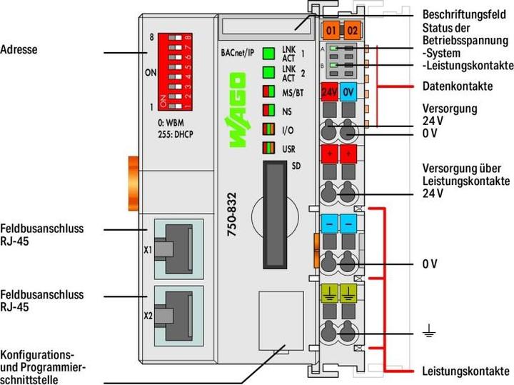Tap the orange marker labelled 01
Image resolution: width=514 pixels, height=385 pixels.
pyautogui.click(x=330, y=31)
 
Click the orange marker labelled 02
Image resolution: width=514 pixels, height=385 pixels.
pyautogui.click(x=352, y=31)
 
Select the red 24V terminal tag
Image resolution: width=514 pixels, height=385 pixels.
pyautogui.click(x=329, y=92)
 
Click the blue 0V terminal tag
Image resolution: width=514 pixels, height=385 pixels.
pyautogui.click(x=348, y=92)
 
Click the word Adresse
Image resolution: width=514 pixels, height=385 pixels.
pyautogui.click(x=19, y=51)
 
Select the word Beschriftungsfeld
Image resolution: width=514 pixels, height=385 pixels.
pyautogui.click(x=465, y=13)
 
